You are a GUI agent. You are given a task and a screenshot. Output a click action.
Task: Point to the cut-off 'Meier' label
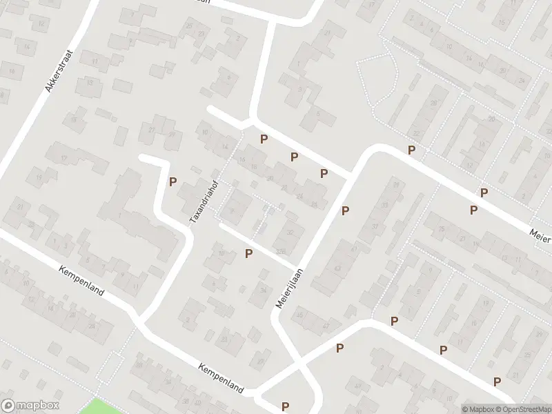[540, 236]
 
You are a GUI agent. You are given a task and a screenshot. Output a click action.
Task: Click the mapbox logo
[30, 406]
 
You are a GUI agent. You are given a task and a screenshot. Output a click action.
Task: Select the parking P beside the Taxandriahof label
[173, 182]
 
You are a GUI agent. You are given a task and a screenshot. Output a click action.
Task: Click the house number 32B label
[280, 250]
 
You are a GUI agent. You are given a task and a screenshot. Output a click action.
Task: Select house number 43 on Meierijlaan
[337, 268]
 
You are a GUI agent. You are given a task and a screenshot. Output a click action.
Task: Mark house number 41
[354, 248]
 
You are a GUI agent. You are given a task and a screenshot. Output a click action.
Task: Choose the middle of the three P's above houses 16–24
[294, 157]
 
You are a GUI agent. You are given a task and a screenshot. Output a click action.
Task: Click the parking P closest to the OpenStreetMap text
[497, 382]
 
